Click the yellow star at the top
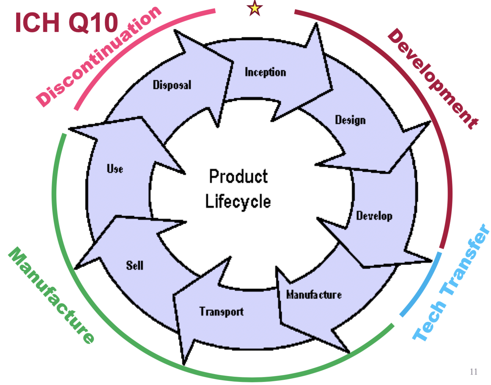tap(255, 8)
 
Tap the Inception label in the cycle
tap(265, 72)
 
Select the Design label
tap(350, 120)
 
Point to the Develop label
tap(374, 216)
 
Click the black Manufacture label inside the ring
tap(314, 295)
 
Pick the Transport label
tap(222, 312)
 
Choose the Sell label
tap(135, 265)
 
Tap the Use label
tap(115, 169)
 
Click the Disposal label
tap(172, 85)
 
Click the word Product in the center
tap(238, 177)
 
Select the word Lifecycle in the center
tap(238, 202)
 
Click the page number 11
tap(474, 372)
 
